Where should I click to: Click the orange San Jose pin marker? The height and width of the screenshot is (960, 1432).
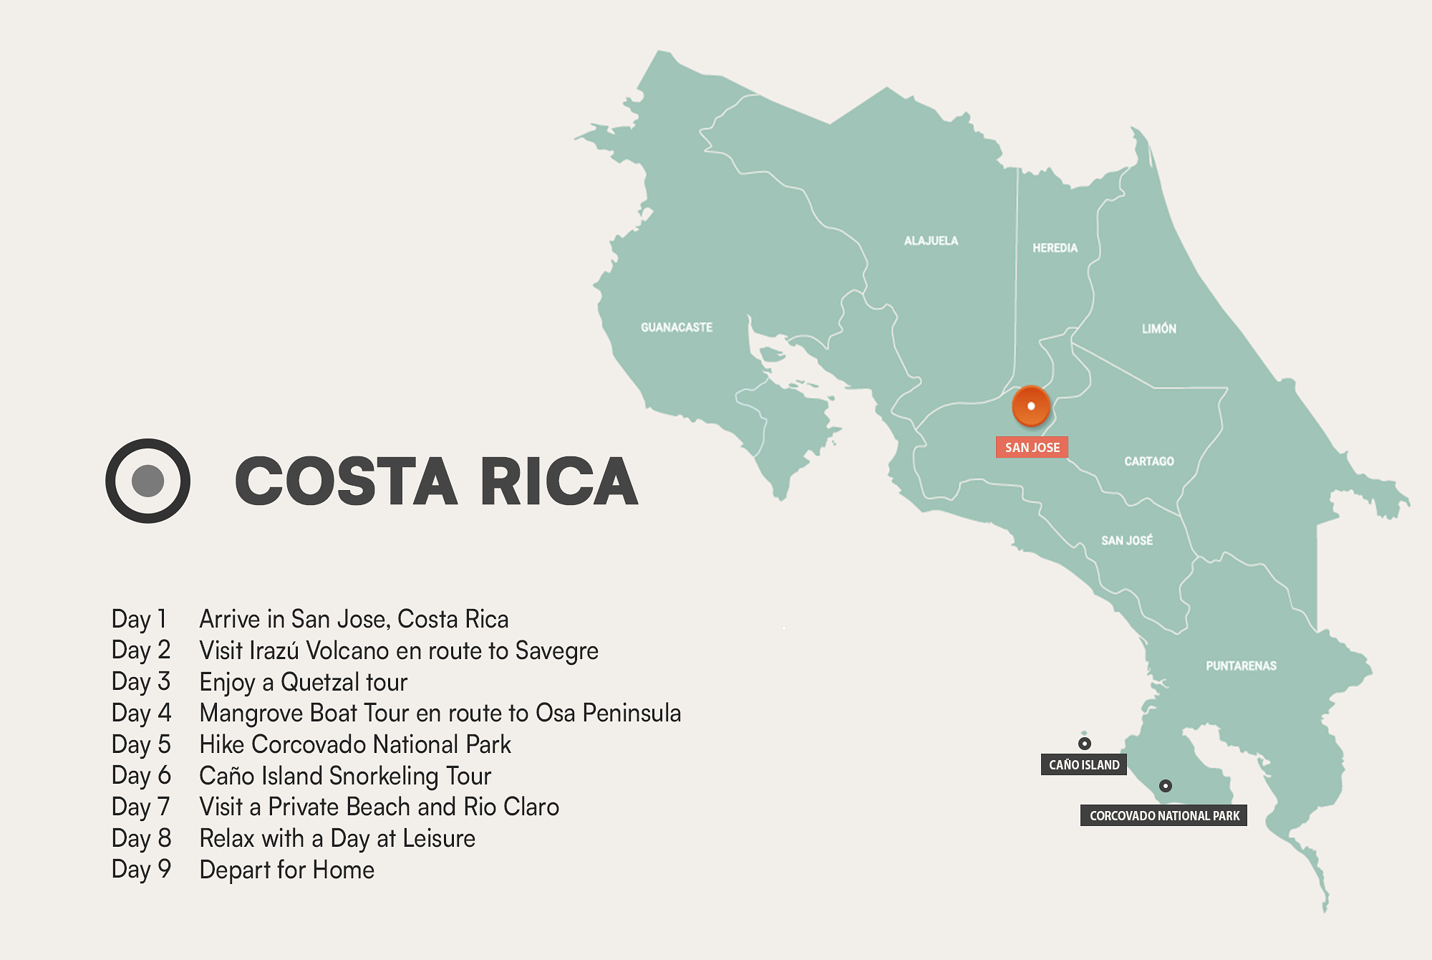tap(1031, 405)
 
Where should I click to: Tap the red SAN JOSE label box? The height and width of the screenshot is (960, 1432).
tap(1032, 448)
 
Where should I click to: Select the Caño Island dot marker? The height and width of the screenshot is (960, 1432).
tap(1085, 744)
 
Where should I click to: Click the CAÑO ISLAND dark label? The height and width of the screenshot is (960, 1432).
tap(1084, 764)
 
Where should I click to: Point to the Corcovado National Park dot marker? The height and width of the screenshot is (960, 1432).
tap(1166, 786)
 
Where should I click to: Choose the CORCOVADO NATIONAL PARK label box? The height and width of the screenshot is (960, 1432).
tap(1163, 815)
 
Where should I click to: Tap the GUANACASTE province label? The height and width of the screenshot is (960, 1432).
tap(677, 327)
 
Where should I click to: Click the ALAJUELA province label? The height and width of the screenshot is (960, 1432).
tap(931, 241)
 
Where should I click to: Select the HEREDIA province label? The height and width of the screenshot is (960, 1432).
tap(1055, 248)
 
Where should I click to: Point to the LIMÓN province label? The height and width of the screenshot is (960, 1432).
tap(1159, 329)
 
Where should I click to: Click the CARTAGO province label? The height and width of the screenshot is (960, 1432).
tap(1149, 461)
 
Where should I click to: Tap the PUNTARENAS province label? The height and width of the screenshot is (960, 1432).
tap(1241, 666)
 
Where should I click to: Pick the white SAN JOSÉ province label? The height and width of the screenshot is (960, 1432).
tap(1127, 540)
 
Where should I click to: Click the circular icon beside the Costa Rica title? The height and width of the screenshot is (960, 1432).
tap(148, 481)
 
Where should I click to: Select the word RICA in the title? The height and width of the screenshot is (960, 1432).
tap(558, 481)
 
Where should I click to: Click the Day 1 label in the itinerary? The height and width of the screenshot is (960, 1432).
tap(139, 619)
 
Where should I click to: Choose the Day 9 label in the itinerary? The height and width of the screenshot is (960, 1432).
tap(141, 870)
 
